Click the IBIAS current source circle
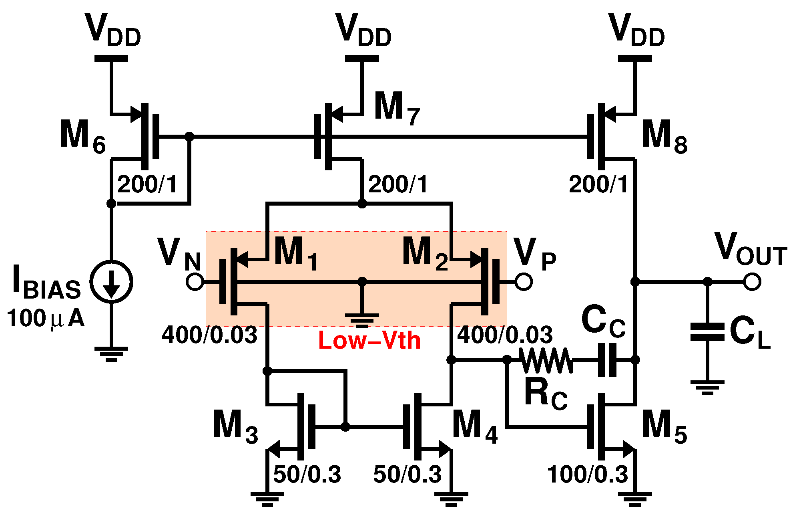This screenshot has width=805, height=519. (111, 281)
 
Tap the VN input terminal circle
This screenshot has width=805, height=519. (195, 282)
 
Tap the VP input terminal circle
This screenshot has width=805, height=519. (524, 282)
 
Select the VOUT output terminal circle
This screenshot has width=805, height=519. (752, 282)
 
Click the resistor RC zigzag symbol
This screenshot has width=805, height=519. (546, 360)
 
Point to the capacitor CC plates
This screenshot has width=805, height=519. (607, 360)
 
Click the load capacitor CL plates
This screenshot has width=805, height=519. (707, 332)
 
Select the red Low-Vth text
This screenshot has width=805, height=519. (369, 341)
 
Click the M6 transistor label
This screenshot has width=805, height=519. (82, 136)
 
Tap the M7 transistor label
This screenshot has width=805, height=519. (397, 107)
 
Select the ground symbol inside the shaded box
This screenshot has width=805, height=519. (362, 319)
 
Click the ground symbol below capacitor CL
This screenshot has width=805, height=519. (707, 387)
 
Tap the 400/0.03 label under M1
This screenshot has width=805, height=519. (209, 335)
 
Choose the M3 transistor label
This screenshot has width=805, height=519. (235, 426)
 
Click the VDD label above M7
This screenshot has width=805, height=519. (363, 30)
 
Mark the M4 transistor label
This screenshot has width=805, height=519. (475, 426)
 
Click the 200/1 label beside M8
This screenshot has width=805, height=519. (598, 184)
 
